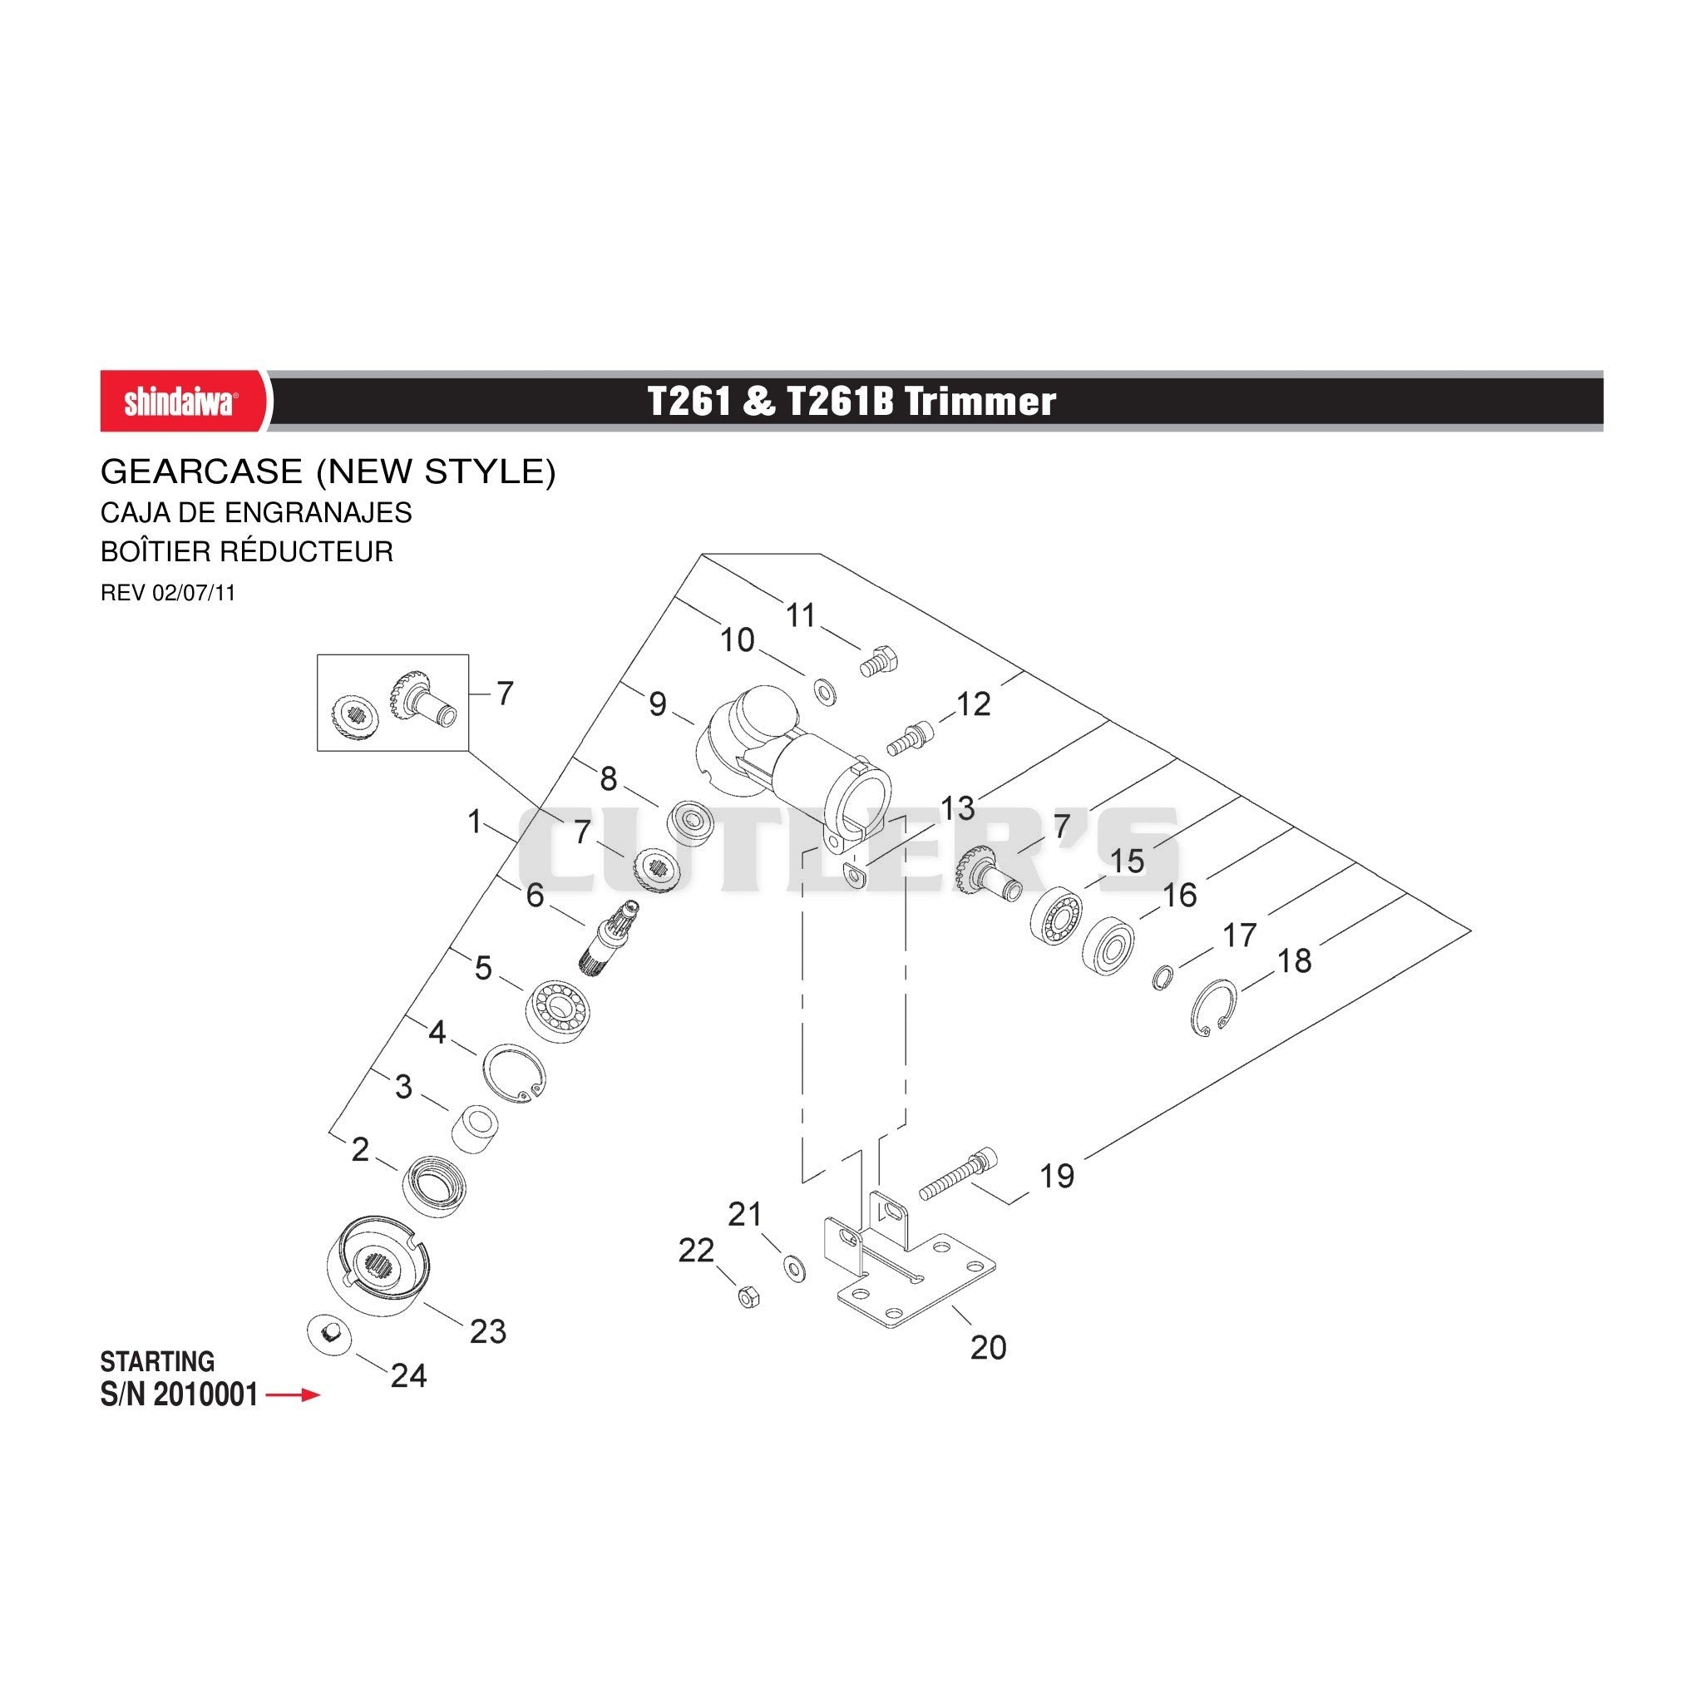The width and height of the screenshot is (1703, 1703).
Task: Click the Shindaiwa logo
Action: [x=180, y=402]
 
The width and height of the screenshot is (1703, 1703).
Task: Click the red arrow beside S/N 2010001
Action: [x=294, y=1395]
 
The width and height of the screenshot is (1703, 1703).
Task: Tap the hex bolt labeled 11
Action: [x=879, y=660]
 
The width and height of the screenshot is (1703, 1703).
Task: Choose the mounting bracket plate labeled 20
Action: [x=908, y=1269]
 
